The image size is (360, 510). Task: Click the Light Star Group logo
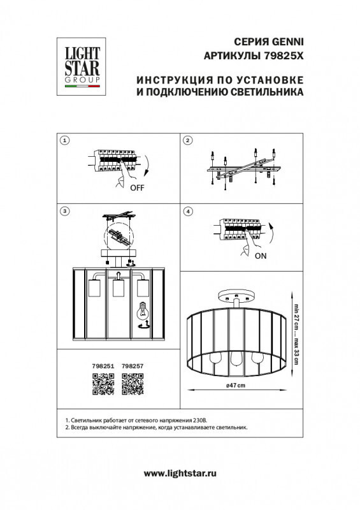pyautogui.click(x=80, y=63)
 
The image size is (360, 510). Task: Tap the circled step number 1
pyautogui.click(x=63, y=140)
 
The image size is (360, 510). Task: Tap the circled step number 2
pyautogui.click(x=187, y=140)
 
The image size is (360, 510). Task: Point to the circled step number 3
pyautogui.click(x=63, y=211)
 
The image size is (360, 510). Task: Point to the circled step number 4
pyautogui.click(x=187, y=211)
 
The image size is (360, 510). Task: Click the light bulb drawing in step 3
pyautogui.click(x=143, y=312)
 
